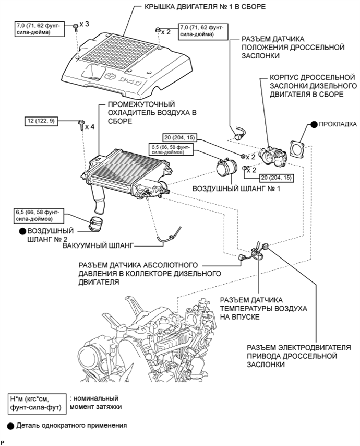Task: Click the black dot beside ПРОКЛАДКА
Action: click(x=314, y=124)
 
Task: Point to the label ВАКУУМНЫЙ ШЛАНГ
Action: click(x=98, y=245)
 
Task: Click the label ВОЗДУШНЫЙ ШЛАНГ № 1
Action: click(x=236, y=189)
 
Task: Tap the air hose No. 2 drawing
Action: click(x=96, y=224)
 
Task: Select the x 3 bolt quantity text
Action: click(x=85, y=24)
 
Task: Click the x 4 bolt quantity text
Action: click(x=90, y=126)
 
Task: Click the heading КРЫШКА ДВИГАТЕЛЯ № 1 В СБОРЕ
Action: click(x=205, y=7)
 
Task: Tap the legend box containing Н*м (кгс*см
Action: click(x=36, y=403)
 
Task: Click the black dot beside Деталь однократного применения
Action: click(x=11, y=426)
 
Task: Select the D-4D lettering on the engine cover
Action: click(x=129, y=81)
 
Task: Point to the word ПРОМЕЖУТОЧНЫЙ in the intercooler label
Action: click(x=141, y=104)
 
